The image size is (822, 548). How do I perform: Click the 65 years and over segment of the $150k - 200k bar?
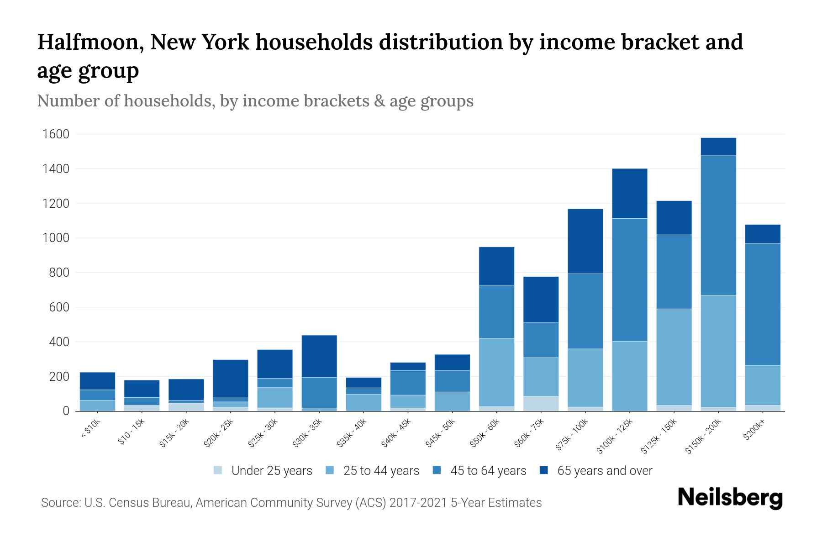click(x=718, y=147)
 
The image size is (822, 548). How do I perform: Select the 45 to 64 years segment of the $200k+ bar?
click(x=763, y=304)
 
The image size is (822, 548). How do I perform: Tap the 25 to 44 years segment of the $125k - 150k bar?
click(x=674, y=357)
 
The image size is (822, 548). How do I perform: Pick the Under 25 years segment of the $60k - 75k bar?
click(x=541, y=403)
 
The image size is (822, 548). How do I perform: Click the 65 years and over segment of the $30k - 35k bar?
click(x=319, y=356)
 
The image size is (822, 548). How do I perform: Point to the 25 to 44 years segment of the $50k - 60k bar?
click(x=496, y=372)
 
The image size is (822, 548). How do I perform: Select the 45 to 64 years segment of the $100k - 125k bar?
click(x=630, y=280)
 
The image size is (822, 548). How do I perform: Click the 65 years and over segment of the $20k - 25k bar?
click(x=231, y=379)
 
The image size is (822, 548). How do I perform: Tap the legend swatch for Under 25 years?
click(x=218, y=470)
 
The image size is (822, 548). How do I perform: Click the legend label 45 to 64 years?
click(x=488, y=471)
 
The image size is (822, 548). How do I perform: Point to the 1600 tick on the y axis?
click(x=56, y=134)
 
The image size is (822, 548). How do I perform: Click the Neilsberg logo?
click(x=730, y=498)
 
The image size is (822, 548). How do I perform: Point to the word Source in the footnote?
click(x=59, y=503)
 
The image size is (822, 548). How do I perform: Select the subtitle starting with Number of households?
click(x=255, y=101)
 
